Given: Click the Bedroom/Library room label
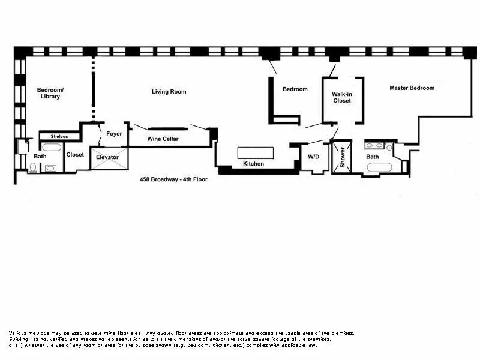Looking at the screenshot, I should coord(50,93).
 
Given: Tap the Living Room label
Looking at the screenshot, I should coord(169,92).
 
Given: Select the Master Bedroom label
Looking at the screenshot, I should coord(412,88).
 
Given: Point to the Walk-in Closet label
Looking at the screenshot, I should coord(341,97).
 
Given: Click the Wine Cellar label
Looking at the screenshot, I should coord(163,139).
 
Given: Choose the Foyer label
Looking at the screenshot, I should coord(114,133).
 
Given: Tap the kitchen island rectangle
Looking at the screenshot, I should coord(256,152).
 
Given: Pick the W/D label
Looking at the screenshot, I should coord(314,157).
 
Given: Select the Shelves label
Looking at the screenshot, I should coord(59,136).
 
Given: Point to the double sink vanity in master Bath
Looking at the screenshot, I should coord(376,146).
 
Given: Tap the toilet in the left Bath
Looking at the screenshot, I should coord(32,168).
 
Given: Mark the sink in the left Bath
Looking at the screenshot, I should coord(51,168).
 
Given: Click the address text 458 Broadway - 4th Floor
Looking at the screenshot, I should coord(173,179).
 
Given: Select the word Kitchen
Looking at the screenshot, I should coord(253,164).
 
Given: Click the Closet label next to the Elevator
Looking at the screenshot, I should coord(75,155).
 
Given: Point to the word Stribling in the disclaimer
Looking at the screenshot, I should coord(20,339).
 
